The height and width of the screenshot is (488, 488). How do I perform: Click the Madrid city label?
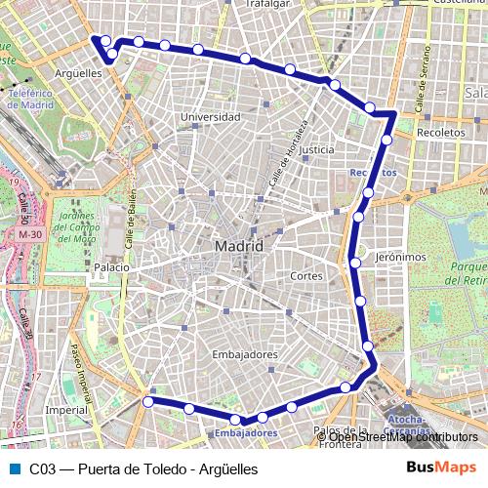(x=238, y=246)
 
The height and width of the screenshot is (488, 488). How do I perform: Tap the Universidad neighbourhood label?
(x=210, y=117)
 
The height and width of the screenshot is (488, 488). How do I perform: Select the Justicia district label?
(x=317, y=150)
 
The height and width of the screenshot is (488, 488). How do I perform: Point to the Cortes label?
(x=306, y=276)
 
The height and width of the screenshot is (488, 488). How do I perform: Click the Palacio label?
(x=112, y=266)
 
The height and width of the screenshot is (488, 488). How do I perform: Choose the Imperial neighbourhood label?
(x=66, y=411)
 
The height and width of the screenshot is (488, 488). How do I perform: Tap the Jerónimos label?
(x=402, y=258)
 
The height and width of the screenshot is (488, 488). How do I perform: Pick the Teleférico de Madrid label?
(x=30, y=99)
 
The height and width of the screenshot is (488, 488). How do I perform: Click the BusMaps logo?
(x=442, y=468)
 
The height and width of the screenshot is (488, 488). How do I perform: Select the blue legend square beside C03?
(x=14, y=469)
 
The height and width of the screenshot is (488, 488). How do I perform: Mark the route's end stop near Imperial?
(x=148, y=401)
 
